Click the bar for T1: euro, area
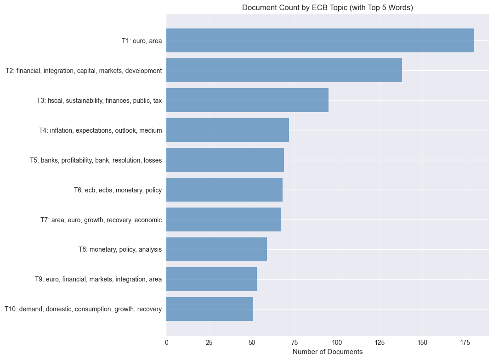point(320,40)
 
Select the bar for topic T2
point(284,70)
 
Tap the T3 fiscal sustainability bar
point(247,100)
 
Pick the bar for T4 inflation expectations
point(227,130)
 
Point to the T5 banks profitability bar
point(225,160)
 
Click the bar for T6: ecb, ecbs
point(224,190)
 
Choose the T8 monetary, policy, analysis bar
point(216,249)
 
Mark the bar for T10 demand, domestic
point(210,309)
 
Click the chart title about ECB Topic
point(327,8)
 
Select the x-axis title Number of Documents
point(327,352)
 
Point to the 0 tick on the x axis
point(166,342)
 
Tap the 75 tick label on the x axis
point(295,342)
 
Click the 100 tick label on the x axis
point(337,342)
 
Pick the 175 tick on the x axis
point(465,342)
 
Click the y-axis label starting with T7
point(101,220)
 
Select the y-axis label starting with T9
point(98,279)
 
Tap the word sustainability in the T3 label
point(85,101)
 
